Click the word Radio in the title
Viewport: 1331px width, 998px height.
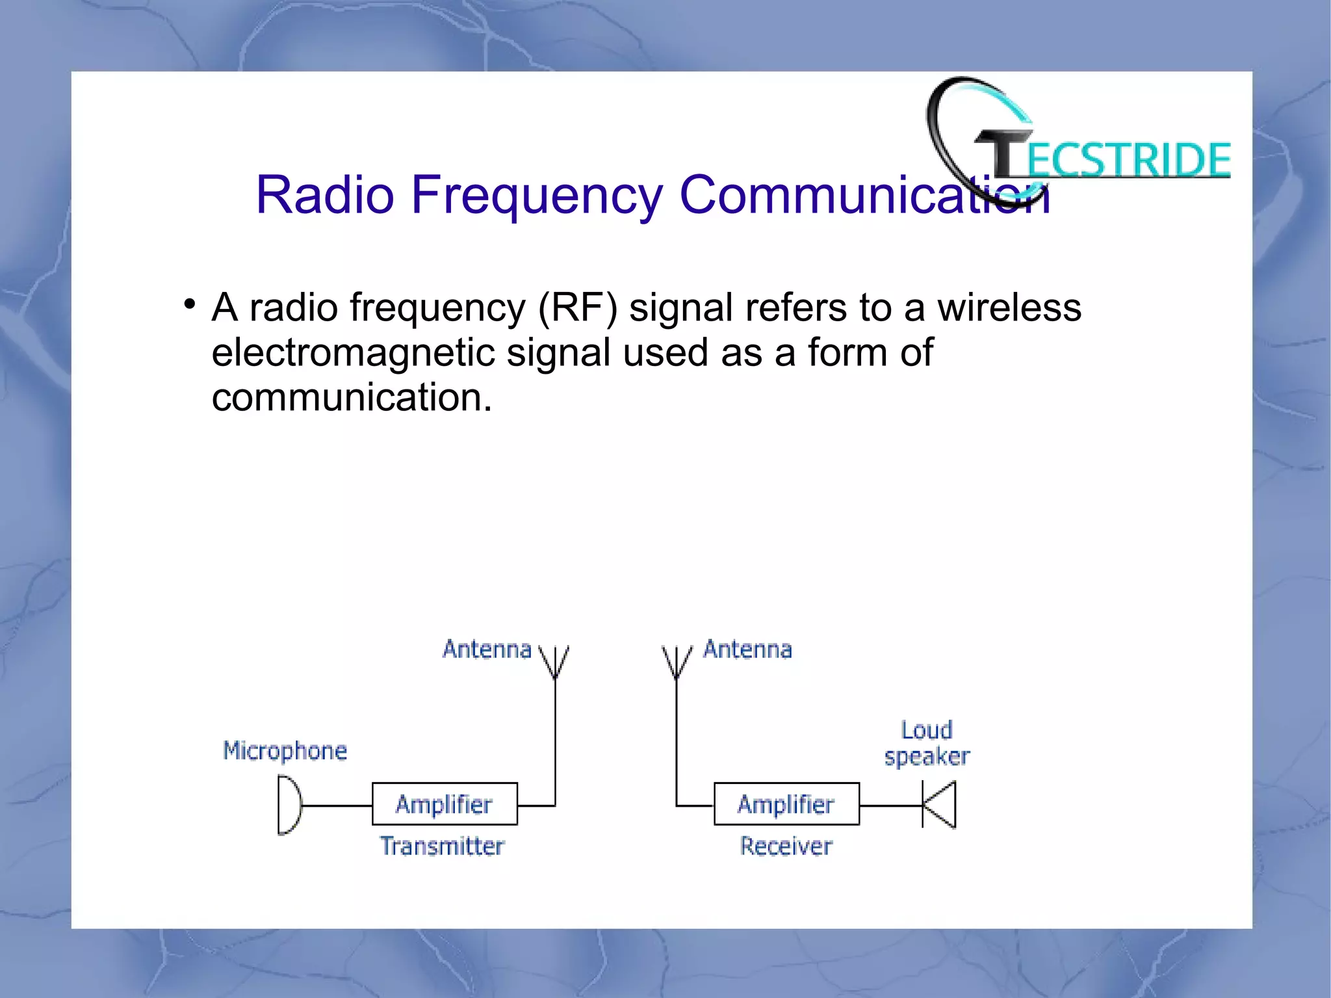325,194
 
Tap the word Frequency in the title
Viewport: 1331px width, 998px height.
537,194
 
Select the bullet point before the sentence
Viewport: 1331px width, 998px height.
189,304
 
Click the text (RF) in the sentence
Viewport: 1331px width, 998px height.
577,308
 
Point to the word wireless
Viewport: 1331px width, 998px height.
1009,308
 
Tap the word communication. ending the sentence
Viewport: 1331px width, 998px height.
352,397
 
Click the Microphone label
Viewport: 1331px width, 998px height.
285,750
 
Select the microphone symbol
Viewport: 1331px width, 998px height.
289,806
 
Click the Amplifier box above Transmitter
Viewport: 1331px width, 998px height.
445,804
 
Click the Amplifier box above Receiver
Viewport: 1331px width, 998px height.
786,804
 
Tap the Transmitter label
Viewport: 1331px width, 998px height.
442,846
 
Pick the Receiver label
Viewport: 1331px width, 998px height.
786,846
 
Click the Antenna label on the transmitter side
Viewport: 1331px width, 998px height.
487,649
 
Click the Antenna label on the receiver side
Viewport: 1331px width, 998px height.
747,649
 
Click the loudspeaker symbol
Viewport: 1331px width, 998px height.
940,805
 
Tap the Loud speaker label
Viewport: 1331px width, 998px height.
927,743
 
